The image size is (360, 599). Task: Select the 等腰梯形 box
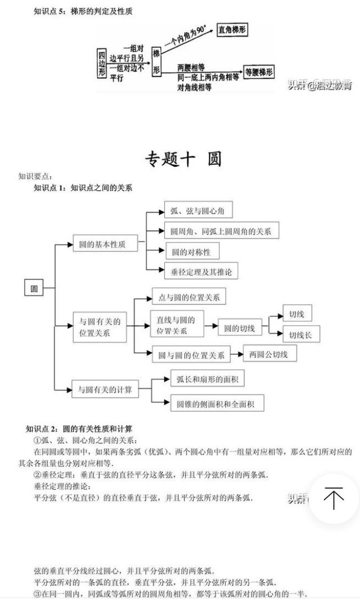(x=259, y=72)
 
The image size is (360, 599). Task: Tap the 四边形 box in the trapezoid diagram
(x=102, y=62)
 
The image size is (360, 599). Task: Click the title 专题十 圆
(x=183, y=159)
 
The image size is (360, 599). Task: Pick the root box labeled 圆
(x=34, y=289)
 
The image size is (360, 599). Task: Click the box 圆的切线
(x=239, y=328)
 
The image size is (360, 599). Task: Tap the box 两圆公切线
(x=269, y=355)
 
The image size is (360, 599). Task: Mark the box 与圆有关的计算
(x=105, y=389)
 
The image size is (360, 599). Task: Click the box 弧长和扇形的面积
(x=207, y=380)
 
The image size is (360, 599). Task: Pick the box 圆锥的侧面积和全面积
(x=217, y=403)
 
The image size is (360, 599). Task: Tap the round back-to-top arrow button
(x=334, y=498)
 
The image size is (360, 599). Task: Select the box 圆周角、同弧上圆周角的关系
(x=221, y=231)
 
